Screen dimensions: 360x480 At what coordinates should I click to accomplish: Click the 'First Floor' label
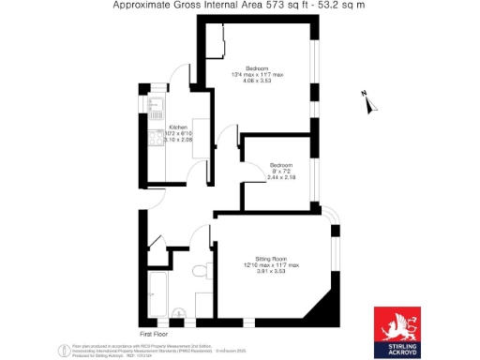[153, 333]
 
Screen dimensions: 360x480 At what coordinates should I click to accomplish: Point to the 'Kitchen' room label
[178, 127]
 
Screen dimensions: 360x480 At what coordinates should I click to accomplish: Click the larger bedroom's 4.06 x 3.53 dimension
[257, 82]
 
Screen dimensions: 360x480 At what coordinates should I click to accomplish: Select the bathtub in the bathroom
[157, 293]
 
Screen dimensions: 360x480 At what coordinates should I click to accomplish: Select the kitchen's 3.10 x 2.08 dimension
[178, 140]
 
